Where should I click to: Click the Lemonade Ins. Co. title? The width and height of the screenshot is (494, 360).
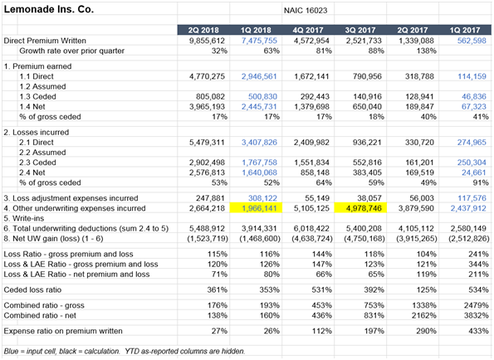click(x=49, y=9)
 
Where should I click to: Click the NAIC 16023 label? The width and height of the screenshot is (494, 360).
click(x=306, y=11)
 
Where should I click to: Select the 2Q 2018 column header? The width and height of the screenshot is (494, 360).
click(x=203, y=30)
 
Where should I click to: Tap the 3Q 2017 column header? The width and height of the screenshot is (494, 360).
click(x=360, y=30)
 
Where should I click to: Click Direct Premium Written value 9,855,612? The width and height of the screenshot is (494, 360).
click(x=207, y=41)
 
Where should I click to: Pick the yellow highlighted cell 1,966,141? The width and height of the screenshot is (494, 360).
click(x=256, y=208)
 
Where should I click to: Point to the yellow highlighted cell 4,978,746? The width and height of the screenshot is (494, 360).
click(x=360, y=208)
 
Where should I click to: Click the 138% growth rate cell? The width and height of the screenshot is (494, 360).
click(x=426, y=51)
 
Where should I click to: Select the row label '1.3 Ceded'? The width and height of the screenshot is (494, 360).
click(x=37, y=96)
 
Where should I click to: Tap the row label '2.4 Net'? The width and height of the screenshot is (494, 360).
click(x=32, y=173)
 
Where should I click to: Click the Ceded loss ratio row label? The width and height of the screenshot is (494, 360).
click(x=32, y=289)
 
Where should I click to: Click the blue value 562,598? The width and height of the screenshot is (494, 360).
click(x=472, y=41)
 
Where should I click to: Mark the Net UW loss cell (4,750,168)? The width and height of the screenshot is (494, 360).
click(x=364, y=239)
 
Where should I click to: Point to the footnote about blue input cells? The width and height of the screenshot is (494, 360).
click(x=125, y=351)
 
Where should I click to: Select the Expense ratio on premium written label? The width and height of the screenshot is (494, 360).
click(x=63, y=331)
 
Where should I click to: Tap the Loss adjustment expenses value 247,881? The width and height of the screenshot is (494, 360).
click(x=209, y=198)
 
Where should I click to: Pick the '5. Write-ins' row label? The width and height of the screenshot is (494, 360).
click(x=23, y=218)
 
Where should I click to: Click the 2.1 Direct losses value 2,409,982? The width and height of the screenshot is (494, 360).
click(x=311, y=142)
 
